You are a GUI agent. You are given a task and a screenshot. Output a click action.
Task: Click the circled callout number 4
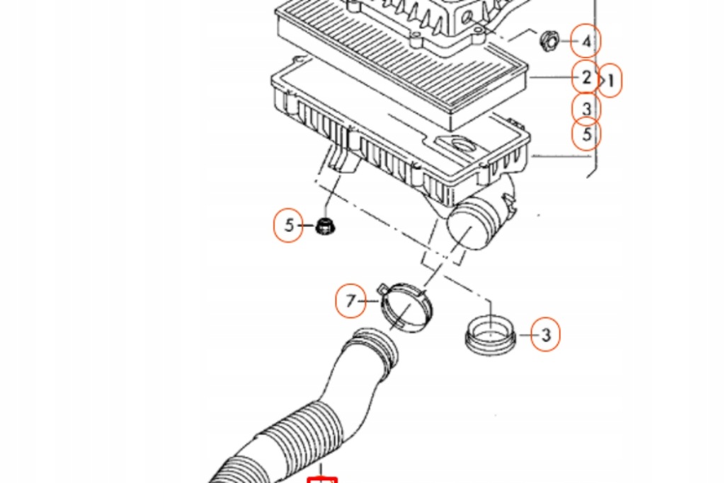(586, 42)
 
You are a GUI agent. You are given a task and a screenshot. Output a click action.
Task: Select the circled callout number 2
(586, 78)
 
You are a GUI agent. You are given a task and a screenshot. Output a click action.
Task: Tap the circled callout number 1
(610, 81)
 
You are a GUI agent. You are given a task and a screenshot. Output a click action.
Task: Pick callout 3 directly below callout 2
(586, 108)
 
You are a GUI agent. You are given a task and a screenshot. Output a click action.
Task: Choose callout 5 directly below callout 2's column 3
(586, 134)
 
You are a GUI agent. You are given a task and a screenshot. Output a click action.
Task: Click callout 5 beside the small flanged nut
(289, 226)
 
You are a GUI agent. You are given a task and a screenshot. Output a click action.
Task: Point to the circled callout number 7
(350, 302)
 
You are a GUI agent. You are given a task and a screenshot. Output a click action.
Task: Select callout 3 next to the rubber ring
(545, 334)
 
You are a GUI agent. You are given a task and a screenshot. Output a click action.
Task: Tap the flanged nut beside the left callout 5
(325, 227)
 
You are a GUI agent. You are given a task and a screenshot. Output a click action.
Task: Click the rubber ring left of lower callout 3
(489, 334)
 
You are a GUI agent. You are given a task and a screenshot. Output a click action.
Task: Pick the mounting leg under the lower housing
(341, 159)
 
